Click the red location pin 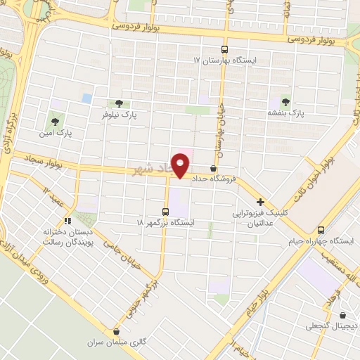click(180, 165)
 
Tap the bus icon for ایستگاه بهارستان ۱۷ click(224, 49)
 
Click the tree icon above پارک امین click(56, 121)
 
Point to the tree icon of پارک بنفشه click(285, 101)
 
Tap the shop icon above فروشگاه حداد click(213, 167)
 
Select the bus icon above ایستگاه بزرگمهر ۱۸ click(165, 212)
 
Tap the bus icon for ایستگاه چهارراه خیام click(321, 230)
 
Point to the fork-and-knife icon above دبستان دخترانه click(68, 221)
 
